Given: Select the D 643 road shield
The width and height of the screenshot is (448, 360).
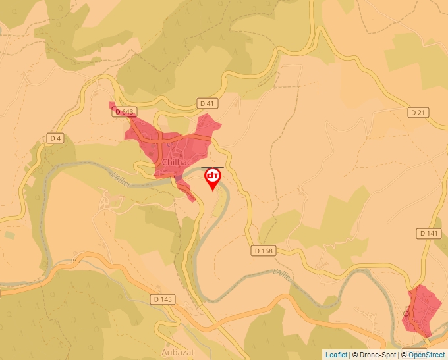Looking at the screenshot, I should (x=125, y=112).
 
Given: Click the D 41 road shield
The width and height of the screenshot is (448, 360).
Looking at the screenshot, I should (x=207, y=103).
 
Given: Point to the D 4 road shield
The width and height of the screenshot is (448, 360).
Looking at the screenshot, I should (x=55, y=138).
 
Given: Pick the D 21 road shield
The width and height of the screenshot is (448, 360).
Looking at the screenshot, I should (x=418, y=113).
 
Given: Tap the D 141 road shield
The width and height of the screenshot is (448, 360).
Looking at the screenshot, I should (x=428, y=233).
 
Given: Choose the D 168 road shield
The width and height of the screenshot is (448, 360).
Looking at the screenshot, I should (x=262, y=250).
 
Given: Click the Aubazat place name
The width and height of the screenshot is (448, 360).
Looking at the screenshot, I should (x=178, y=352).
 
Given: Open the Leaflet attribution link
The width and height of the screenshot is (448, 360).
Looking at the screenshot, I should (x=336, y=355).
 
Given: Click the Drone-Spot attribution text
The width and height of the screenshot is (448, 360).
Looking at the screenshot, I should (x=375, y=355).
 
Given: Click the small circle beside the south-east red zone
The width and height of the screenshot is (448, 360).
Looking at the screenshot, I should (x=406, y=313).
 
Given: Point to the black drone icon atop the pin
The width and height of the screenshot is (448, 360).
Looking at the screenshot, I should (x=213, y=168).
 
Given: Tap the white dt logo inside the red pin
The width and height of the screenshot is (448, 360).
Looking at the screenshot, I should (x=213, y=176).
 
